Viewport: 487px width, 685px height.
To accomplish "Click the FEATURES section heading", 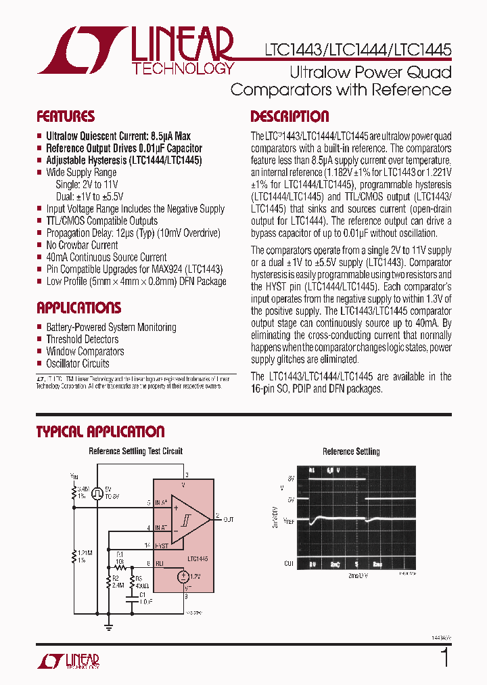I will pos(65,116).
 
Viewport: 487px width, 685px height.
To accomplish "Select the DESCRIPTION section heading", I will pos(289,116).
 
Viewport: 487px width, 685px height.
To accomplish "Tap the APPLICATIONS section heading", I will pos(78,308).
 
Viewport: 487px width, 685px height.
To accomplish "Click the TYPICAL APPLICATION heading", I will pos(100,432).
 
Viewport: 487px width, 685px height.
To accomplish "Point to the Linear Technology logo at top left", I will pos(135,51).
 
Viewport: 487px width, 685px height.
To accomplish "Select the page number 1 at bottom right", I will pos(444,657).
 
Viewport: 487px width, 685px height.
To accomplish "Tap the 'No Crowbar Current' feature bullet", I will pos(82,245).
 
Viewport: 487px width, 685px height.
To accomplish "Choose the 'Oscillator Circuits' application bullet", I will pos(77,363).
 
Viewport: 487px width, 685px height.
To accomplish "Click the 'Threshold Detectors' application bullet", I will pos(82,339).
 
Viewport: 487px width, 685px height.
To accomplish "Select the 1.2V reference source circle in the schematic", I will pos(183,577).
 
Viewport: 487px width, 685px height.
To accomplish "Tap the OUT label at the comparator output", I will pos(229,519).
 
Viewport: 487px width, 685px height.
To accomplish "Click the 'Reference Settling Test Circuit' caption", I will pos(135,451).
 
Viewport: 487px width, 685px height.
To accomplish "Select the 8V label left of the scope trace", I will pos(291,479).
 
